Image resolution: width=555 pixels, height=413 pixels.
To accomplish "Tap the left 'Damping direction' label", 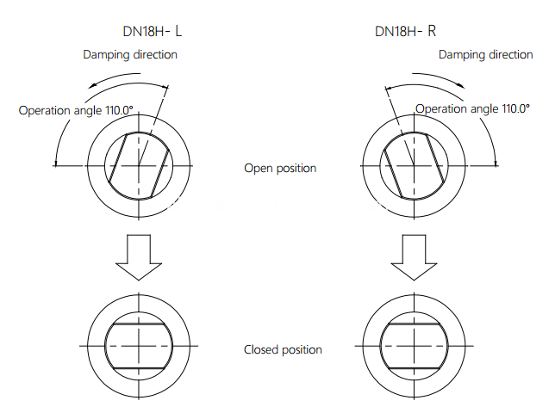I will tap(130, 55).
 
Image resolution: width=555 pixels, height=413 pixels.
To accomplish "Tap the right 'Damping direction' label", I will tap(485, 55).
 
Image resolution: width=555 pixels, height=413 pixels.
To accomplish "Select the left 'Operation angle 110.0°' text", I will tap(77, 110).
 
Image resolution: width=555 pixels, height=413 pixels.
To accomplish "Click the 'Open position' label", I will tap(280, 168).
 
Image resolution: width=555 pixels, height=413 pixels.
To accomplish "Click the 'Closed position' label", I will tap(283, 349).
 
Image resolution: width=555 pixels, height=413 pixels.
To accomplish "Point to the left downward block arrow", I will tap(138, 256).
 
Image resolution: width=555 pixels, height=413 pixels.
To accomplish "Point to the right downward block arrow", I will tap(412, 256).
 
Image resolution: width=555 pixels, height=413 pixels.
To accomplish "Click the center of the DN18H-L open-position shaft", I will tap(138, 165).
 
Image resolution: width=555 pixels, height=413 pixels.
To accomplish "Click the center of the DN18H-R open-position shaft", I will tap(412, 165).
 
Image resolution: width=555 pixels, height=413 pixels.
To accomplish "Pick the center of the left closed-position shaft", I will tap(138, 346).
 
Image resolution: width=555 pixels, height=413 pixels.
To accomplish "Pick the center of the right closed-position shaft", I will tap(412, 346).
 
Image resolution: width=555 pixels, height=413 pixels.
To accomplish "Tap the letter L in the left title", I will tap(179, 32).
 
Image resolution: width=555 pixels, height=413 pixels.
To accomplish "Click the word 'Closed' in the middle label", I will tap(261, 349).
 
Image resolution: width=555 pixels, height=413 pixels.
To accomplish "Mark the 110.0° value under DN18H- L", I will tap(117, 110).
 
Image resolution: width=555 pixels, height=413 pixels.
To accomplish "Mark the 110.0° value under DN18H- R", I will tap(513, 109).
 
